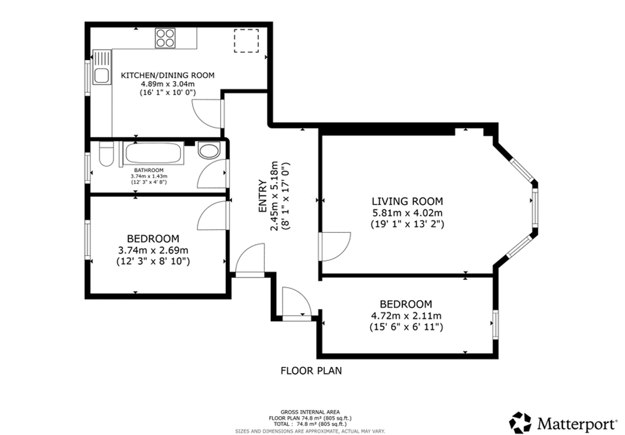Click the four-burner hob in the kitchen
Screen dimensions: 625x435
point(165,38)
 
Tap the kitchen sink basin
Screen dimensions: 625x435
point(102,76)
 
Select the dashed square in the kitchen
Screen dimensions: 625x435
point(246,41)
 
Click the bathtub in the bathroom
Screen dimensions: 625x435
point(153,153)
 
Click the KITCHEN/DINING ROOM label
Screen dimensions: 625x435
point(167,75)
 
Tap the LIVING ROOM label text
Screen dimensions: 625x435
point(407,201)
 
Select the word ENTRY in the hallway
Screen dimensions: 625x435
point(263,196)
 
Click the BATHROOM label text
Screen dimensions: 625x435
point(149,170)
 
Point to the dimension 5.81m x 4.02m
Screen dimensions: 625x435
point(407,213)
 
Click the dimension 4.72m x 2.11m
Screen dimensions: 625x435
point(406,316)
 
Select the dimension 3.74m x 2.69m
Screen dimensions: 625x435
point(153,250)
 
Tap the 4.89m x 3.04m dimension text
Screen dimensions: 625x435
point(167,84)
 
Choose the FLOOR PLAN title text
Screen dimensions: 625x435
point(311,371)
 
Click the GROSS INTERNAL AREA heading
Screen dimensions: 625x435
point(310,412)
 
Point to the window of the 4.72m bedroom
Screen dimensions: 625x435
point(495,324)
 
